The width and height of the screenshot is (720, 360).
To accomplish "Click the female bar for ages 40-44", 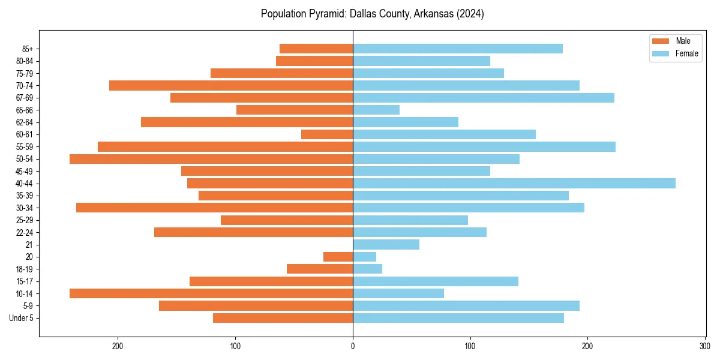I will (514, 184).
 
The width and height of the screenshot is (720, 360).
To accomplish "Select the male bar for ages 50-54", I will (211, 159).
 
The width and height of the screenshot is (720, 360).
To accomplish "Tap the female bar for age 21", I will (386, 244).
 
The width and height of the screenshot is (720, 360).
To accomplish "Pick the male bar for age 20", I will (338, 257).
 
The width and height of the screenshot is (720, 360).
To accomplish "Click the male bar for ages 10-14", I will (211, 293).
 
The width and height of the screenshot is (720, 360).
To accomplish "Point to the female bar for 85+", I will (458, 49).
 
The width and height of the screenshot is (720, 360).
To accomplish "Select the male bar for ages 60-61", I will (327, 134).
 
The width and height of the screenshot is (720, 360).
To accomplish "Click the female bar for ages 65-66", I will (376, 110).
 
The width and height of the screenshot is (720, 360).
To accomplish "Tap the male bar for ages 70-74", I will (231, 85).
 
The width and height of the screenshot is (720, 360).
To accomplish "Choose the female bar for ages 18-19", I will (367, 269).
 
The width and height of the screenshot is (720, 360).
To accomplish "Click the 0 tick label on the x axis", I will (353, 346).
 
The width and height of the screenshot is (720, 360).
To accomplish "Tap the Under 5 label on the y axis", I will (22, 318).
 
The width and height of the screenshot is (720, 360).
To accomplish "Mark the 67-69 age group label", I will (25, 98).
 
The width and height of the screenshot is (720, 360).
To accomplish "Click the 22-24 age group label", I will (25, 232).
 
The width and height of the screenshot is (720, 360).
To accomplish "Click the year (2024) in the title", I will (470, 14).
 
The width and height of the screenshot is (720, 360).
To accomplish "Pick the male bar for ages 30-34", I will (214, 208).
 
